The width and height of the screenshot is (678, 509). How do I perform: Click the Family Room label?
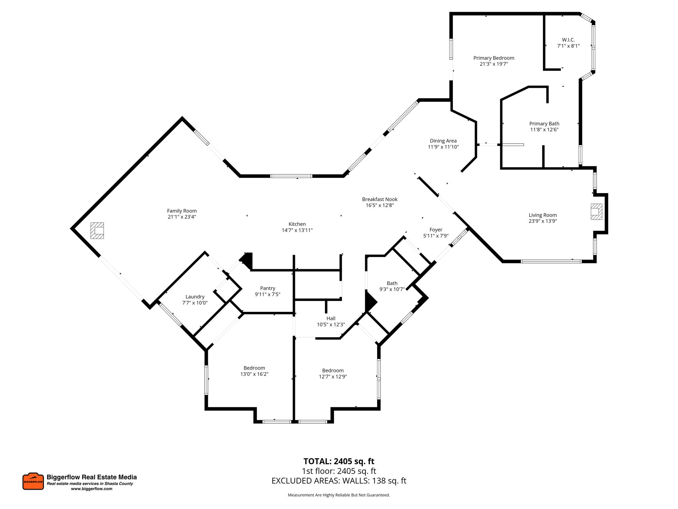tap(182, 211)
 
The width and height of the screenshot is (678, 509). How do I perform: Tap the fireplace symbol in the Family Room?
tap(97, 230)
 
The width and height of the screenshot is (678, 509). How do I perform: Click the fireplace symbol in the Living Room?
tap(596, 211)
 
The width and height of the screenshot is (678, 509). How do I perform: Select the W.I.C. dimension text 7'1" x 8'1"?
tap(568, 46)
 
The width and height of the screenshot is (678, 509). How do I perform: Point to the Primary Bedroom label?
tap(494, 58)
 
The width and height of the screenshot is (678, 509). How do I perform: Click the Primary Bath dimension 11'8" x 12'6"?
tap(544, 130)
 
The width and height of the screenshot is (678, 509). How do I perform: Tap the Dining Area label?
tap(443, 141)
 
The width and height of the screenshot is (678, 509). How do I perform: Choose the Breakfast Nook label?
tap(379, 199)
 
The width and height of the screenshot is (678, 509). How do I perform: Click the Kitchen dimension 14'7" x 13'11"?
tap(297, 230)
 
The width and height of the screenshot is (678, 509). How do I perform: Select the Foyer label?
tap(436, 230)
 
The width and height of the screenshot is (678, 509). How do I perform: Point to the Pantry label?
tap(267, 288)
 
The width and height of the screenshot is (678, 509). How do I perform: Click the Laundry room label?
tap(195, 297)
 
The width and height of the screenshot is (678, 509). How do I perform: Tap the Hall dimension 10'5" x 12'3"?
tap(331, 324)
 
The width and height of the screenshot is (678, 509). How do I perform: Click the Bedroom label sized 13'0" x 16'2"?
tap(254, 368)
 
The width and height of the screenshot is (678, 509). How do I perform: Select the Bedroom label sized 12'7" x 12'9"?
tap(333, 370)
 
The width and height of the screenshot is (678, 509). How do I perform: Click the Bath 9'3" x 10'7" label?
tap(392, 283)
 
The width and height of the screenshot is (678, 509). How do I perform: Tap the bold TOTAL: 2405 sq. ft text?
tap(339, 461)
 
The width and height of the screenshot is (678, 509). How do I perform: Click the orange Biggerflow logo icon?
tap(33, 481)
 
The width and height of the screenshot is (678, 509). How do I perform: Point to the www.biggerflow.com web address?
tap(91, 489)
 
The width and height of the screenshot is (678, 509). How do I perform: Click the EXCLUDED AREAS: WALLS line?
tap(339, 481)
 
